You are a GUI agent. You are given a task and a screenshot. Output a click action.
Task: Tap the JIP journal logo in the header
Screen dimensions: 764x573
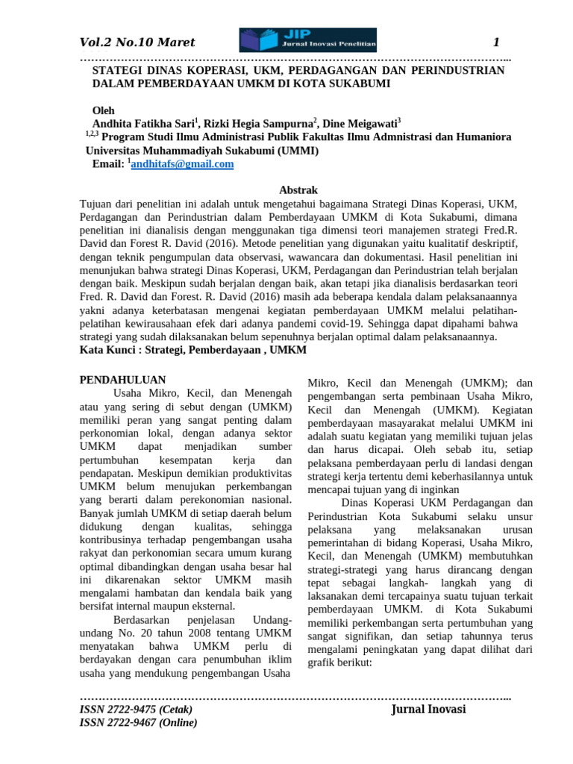click(x=307, y=40)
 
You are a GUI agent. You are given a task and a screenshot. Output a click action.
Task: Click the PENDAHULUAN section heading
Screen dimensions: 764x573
click(x=122, y=380)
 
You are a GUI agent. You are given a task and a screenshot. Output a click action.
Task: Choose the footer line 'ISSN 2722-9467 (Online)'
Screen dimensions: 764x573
click(x=138, y=722)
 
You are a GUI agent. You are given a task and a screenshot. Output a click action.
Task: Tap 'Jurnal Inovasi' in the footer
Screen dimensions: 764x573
click(x=428, y=709)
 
